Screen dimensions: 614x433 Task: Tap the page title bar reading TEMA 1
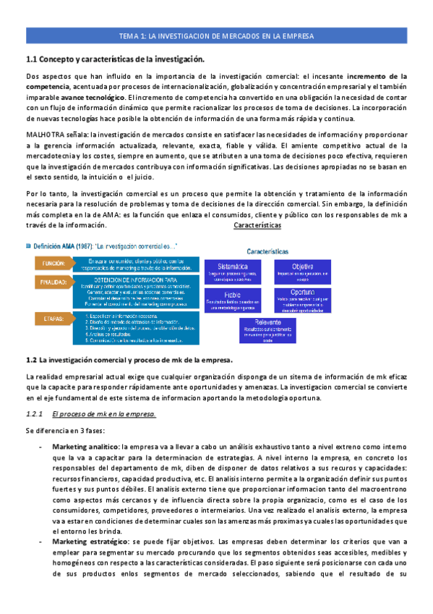[x=216, y=36]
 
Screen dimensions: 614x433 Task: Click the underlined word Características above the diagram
[x=257, y=225]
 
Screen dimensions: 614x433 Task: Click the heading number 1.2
[x=30, y=359]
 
